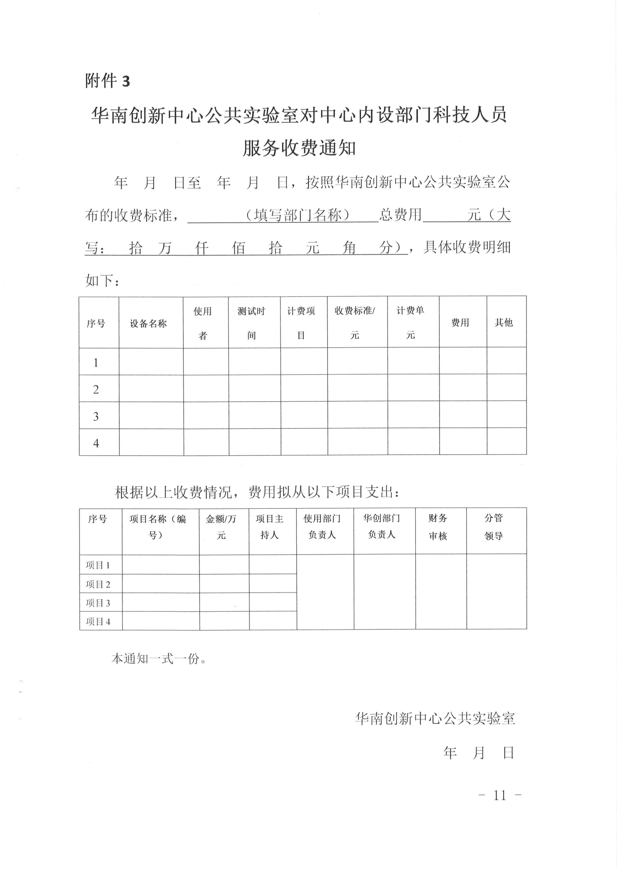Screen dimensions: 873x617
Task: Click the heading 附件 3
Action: click(107, 81)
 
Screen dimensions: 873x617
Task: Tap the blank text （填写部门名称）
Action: click(297, 215)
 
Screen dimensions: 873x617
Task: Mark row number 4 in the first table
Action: click(96, 443)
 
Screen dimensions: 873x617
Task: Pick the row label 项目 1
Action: click(98, 565)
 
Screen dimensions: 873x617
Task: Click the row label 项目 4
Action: click(98, 622)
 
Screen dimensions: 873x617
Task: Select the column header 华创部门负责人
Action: click(382, 526)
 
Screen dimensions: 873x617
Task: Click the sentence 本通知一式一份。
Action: click(159, 659)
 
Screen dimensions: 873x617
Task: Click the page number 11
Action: click(500, 795)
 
